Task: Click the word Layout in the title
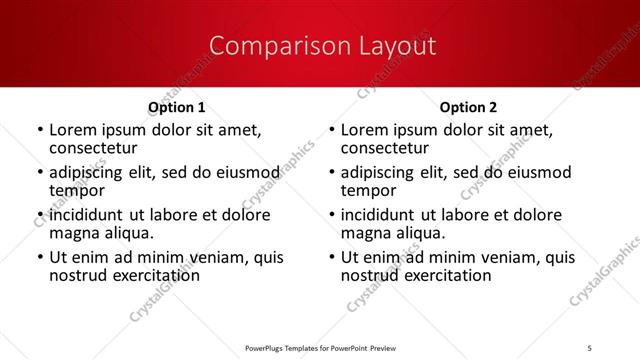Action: point(394,46)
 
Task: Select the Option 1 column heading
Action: point(177,107)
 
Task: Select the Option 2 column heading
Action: point(468,107)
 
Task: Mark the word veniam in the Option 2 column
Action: point(511,257)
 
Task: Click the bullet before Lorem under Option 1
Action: point(39,130)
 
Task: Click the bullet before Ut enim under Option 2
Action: point(331,257)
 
